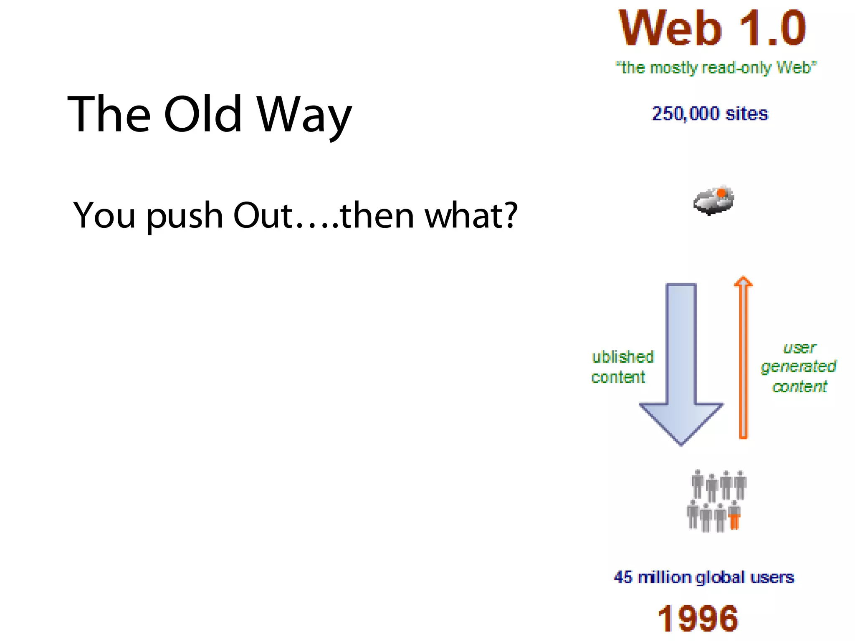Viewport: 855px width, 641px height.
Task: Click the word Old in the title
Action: [x=203, y=114]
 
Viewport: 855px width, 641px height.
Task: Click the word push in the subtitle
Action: [x=185, y=216]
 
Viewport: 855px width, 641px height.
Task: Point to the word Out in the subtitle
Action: [x=263, y=215]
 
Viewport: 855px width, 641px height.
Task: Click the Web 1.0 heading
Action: [x=712, y=28]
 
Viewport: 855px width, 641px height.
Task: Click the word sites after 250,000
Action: [x=747, y=114]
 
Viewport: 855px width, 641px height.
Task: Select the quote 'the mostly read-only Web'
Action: [x=716, y=68]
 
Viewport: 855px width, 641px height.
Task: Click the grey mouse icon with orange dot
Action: [x=713, y=201]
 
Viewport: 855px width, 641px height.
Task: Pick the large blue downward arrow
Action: [x=681, y=363]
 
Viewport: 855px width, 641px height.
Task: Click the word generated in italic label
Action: [x=798, y=367]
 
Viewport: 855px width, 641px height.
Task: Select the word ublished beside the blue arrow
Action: [x=623, y=357]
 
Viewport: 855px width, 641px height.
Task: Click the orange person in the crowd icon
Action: [x=734, y=516]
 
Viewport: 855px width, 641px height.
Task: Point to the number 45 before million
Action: [x=623, y=577]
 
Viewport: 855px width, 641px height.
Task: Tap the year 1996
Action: [x=698, y=618]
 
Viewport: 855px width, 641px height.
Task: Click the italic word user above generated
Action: [x=799, y=348]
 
